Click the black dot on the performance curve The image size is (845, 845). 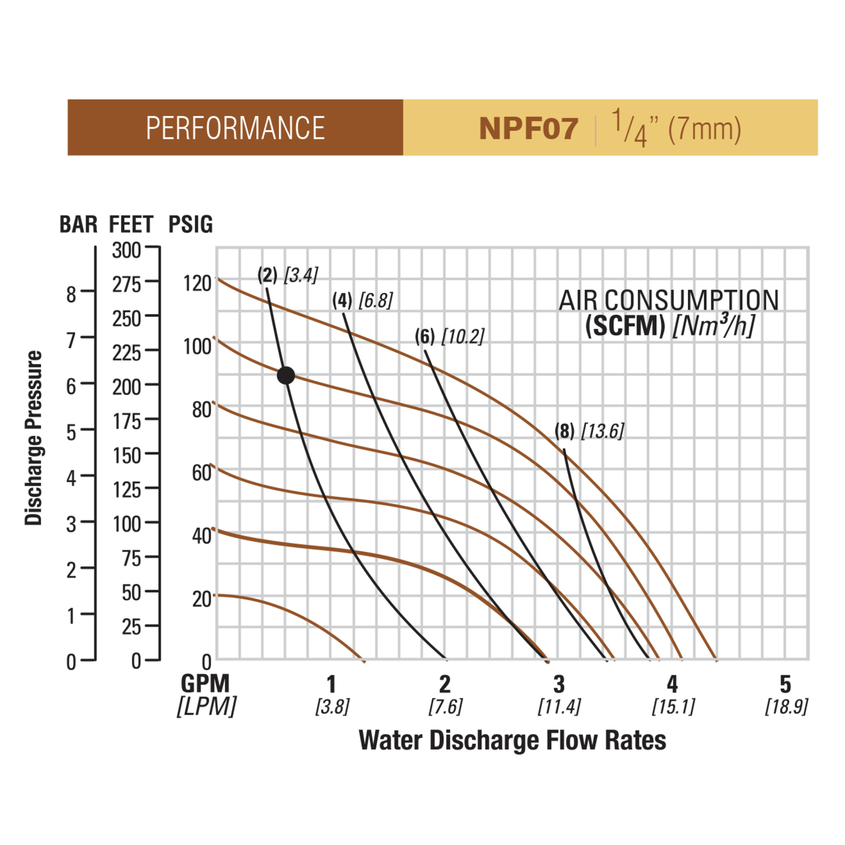(x=286, y=375)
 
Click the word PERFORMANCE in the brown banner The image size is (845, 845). (x=235, y=128)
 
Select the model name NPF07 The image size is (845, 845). (x=528, y=129)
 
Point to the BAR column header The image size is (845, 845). (x=78, y=224)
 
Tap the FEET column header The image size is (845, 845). (x=131, y=224)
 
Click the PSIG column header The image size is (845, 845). (x=190, y=224)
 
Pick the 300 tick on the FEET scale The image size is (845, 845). (x=127, y=250)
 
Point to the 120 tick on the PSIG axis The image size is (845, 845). (x=197, y=283)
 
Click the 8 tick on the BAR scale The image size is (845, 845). (x=71, y=294)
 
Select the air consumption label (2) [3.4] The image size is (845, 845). (x=288, y=275)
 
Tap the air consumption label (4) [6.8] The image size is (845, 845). (x=362, y=300)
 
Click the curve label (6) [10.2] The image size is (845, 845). (x=449, y=336)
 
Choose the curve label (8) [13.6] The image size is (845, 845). (x=589, y=431)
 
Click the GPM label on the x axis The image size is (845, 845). (x=205, y=683)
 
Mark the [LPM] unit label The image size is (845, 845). (x=207, y=706)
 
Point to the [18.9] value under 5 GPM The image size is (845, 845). (x=786, y=706)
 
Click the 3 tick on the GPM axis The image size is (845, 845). (x=559, y=684)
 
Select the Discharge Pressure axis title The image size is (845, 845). (x=34, y=438)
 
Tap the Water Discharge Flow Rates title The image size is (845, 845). (x=512, y=740)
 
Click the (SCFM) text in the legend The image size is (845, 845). (x=625, y=326)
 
